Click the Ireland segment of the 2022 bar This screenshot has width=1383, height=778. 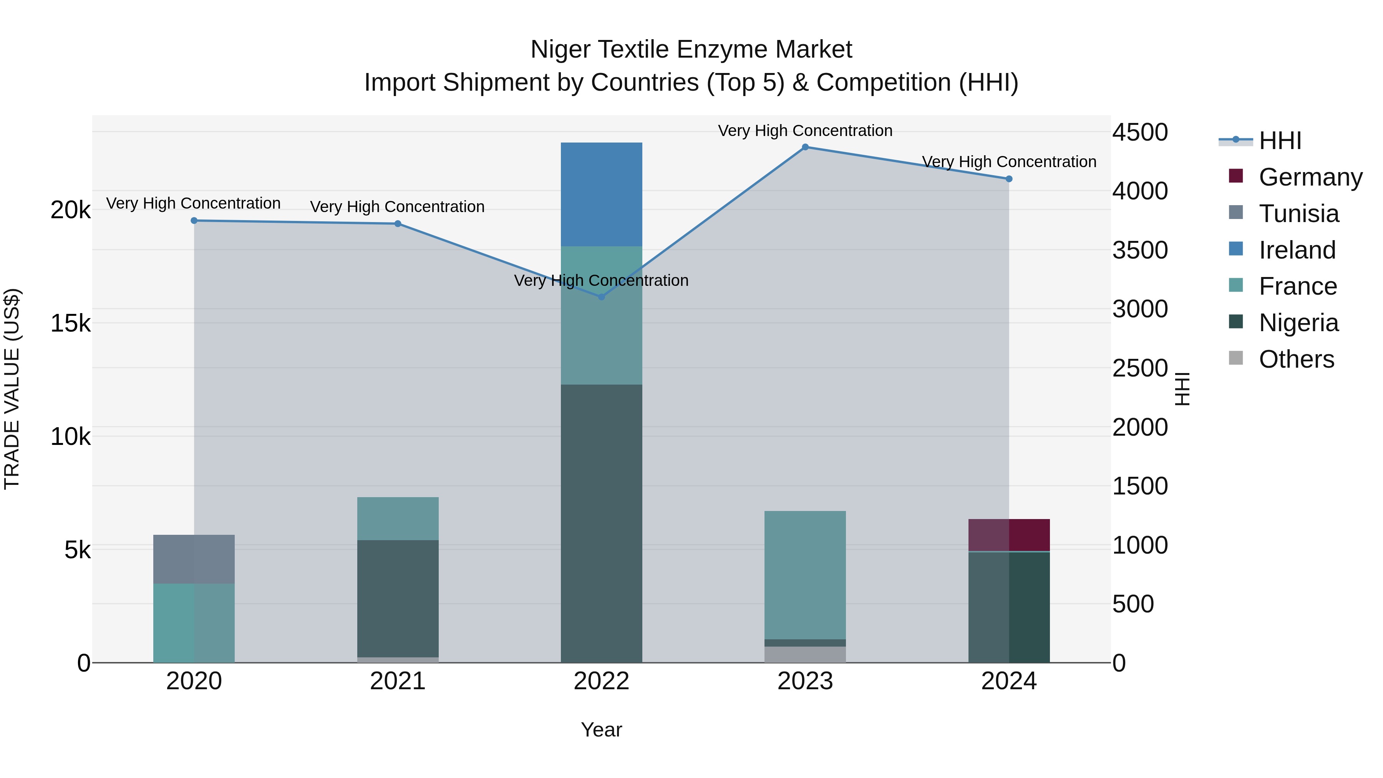601,194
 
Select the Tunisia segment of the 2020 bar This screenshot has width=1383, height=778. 194,559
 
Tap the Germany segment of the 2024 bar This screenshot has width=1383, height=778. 1009,535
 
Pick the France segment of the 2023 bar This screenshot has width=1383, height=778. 805,574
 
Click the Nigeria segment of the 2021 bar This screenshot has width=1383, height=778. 398,598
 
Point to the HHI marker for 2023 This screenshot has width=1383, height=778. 805,147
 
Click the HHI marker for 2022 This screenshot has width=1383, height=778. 601,297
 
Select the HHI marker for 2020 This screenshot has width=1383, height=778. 194,221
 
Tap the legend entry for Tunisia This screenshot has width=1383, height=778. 1298,214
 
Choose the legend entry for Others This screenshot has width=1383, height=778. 1296,359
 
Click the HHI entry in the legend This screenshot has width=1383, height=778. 1280,141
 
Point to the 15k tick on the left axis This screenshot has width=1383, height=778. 70,323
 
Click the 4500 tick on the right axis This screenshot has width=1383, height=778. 1140,132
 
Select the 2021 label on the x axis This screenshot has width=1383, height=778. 398,681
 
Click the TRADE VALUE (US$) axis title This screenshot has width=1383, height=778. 12,389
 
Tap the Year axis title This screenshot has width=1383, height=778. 601,730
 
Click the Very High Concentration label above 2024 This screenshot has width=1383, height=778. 1009,162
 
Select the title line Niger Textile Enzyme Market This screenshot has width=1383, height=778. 691,50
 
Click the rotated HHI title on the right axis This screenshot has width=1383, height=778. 1183,389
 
